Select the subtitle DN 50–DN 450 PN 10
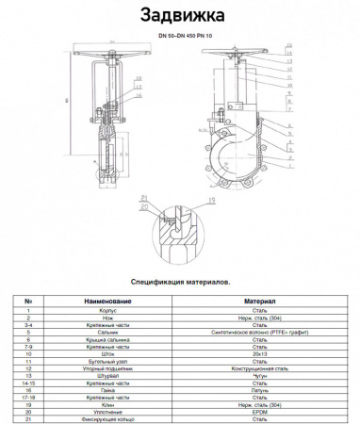coord(180,37)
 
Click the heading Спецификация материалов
coord(180,280)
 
